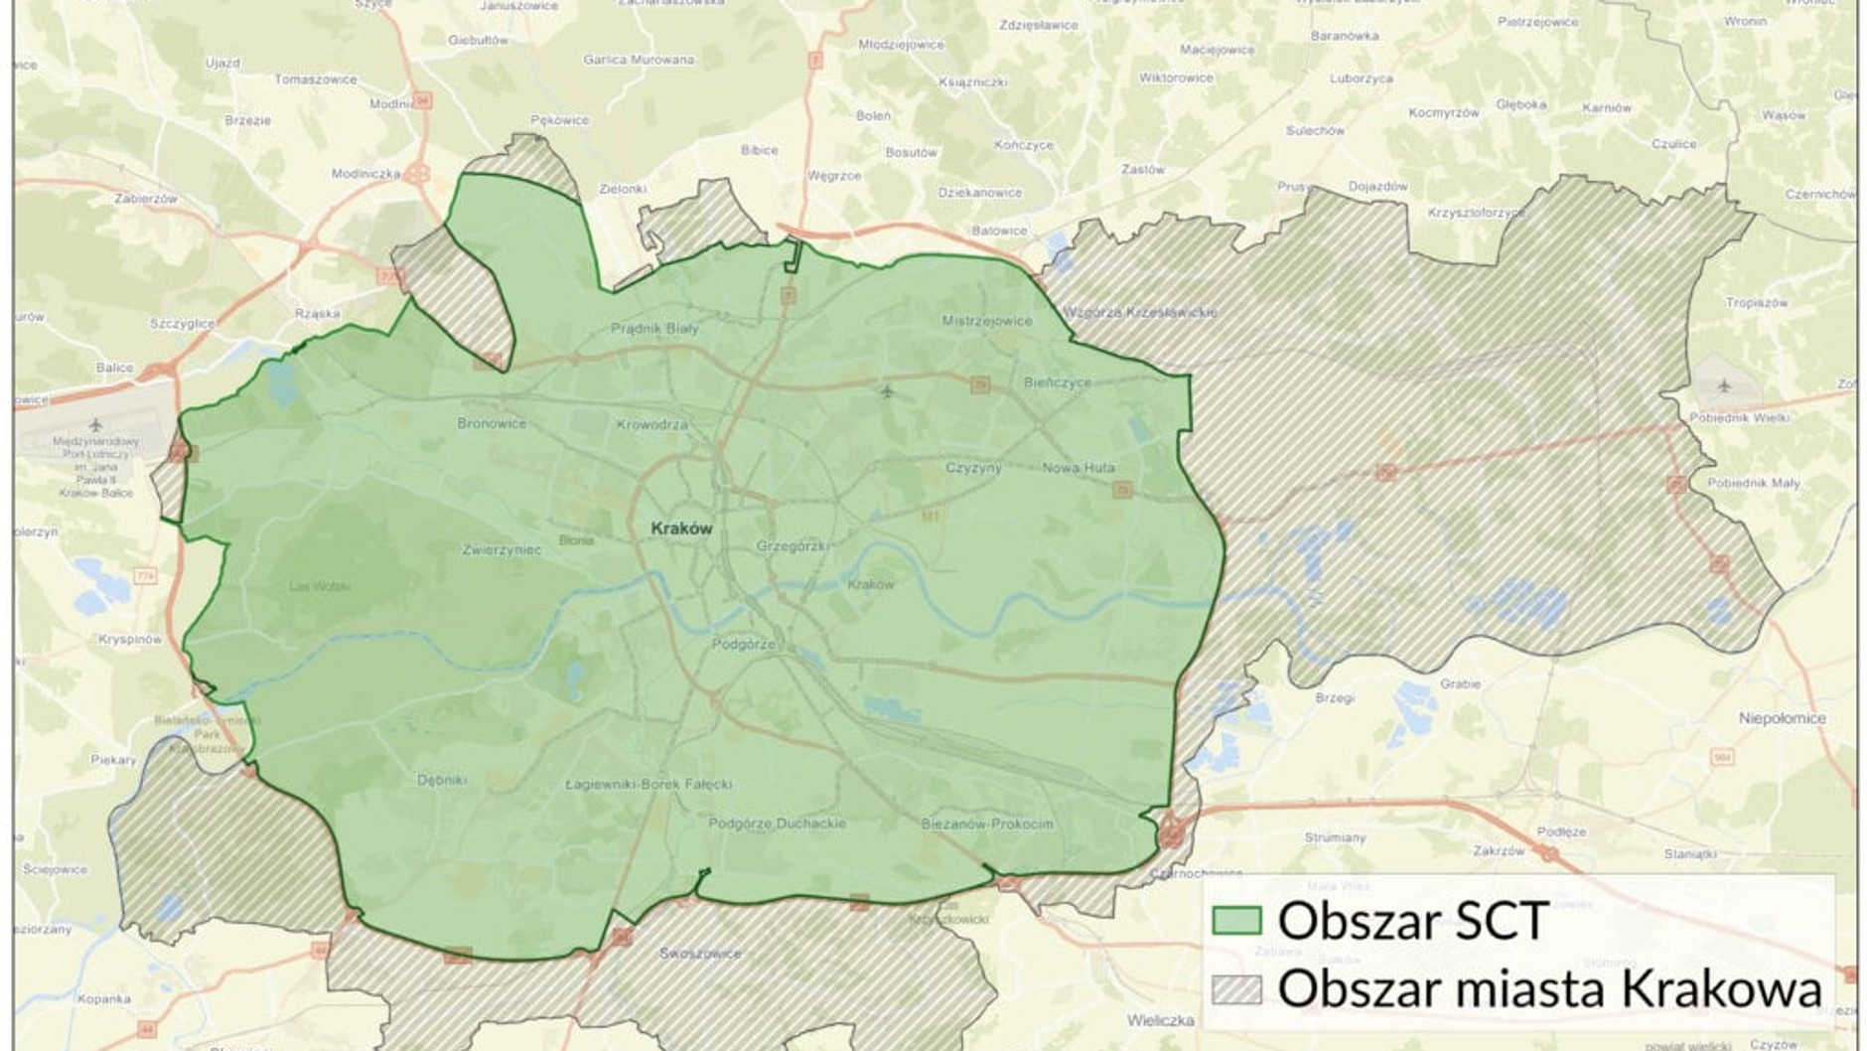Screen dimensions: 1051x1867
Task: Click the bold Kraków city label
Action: click(681, 528)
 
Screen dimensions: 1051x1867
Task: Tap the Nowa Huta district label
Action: click(1078, 468)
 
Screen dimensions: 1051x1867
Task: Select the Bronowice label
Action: click(492, 423)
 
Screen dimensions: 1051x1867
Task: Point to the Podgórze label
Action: click(743, 644)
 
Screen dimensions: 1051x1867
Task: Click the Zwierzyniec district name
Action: click(502, 549)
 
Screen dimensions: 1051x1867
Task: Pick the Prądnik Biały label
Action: click(654, 328)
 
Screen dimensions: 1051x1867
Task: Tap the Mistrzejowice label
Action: click(987, 321)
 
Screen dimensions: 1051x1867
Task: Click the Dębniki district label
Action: click(442, 780)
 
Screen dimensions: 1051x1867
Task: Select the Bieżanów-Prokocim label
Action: click(987, 824)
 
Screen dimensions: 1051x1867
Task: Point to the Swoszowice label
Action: click(700, 954)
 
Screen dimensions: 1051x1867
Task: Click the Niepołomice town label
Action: click(1782, 718)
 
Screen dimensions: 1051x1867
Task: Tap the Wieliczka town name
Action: click(1159, 1020)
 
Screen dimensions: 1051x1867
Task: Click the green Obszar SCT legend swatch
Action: click(1236, 921)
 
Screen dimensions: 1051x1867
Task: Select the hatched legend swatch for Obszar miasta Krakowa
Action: click(1236, 989)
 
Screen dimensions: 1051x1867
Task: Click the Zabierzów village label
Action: click(146, 199)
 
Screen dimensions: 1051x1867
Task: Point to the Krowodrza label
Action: click(651, 424)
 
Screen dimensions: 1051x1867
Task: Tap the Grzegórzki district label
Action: click(791, 545)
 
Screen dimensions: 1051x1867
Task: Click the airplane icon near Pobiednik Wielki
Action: click(1723, 385)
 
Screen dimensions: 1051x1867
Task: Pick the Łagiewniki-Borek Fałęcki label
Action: click(647, 784)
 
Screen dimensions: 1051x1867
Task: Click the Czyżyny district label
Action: click(973, 467)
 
